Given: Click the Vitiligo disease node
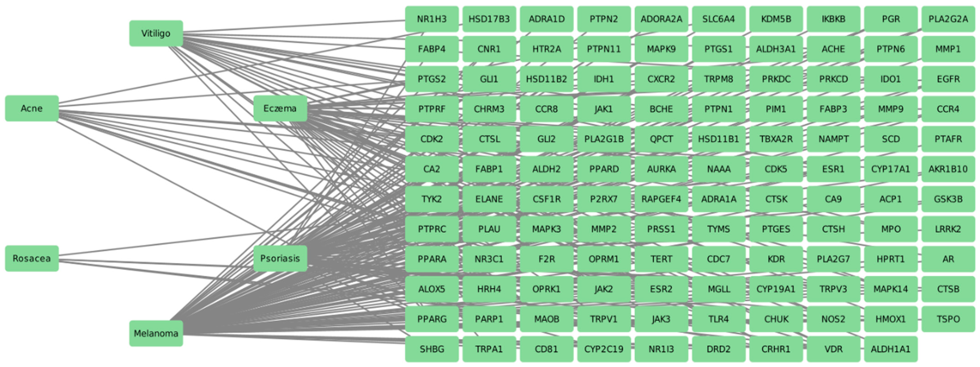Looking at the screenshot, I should point(156,33).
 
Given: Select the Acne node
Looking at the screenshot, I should point(32,108).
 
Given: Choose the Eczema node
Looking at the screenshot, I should point(280,108).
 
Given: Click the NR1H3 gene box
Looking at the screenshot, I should point(432,19).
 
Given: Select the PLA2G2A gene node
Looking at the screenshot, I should point(948,19).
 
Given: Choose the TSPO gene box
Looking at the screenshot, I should point(948,319).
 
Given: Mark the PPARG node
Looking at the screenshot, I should point(432,319).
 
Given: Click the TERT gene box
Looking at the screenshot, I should point(661,259).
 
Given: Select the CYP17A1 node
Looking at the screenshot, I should point(891,169).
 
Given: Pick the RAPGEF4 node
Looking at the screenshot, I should point(661,199).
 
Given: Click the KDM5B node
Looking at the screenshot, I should point(776,19).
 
